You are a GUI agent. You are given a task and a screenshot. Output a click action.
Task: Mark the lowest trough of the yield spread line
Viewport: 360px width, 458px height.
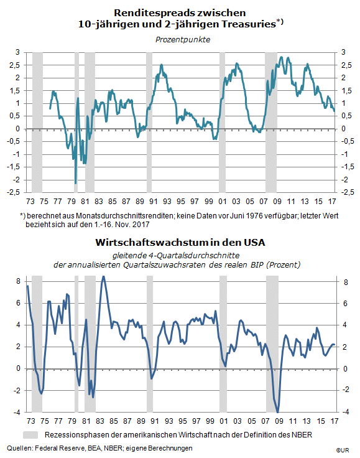coord(76,183)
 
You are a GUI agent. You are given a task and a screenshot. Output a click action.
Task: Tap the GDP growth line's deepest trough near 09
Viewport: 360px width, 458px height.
coord(277,412)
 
